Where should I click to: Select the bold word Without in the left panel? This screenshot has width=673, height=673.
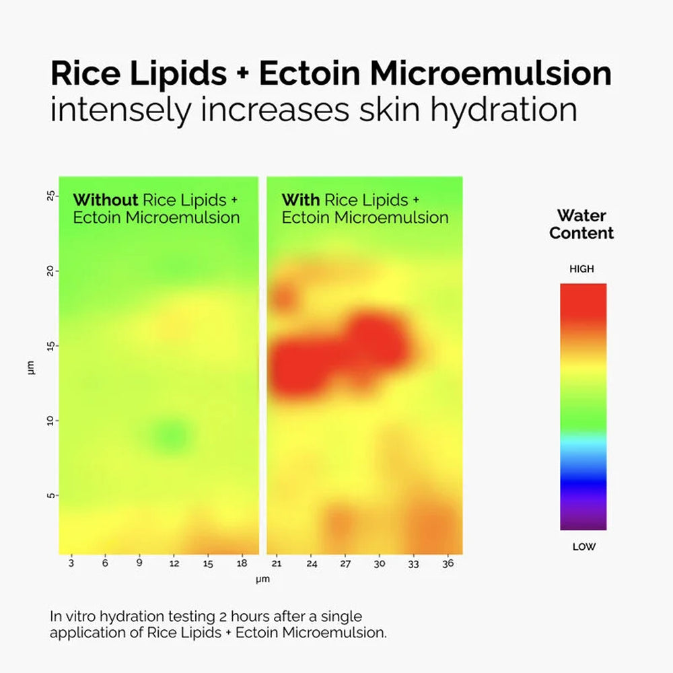[105, 200]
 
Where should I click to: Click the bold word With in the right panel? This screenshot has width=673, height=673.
[301, 200]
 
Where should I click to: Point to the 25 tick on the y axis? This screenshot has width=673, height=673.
[49, 197]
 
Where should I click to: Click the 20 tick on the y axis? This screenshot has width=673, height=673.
[49, 271]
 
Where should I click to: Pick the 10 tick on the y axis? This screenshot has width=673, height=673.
[49, 421]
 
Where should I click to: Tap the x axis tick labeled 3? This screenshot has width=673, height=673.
[71, 564]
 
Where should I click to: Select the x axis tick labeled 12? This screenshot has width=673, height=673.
[174, 564]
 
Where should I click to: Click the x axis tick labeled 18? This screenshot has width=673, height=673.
[243, 564]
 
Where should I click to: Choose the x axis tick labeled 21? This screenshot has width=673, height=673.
[277, 564]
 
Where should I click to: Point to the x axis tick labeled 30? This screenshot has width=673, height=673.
[380, 564]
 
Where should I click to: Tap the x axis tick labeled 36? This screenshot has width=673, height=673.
[448, 564]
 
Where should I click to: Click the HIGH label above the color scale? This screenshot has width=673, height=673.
[582, 269]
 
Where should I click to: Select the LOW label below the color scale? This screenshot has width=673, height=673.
[583, 546]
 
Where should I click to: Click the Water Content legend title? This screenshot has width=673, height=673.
[581, 225]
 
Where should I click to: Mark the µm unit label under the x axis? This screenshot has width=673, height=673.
[262, 579]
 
